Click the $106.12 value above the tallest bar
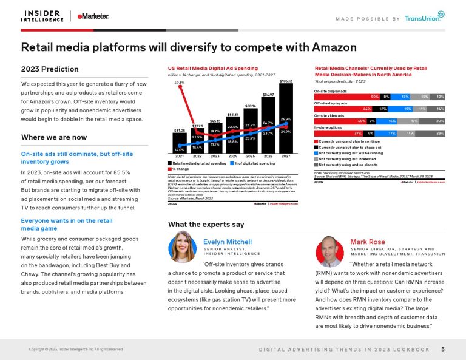click(286, 81)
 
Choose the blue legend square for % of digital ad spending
click(231, 163)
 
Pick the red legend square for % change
click(170, 169)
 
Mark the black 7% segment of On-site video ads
click(370, 121)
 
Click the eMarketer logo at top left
click(93, 16)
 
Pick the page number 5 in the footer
click(443, 349)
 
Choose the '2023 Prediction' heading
click(50, 69)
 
